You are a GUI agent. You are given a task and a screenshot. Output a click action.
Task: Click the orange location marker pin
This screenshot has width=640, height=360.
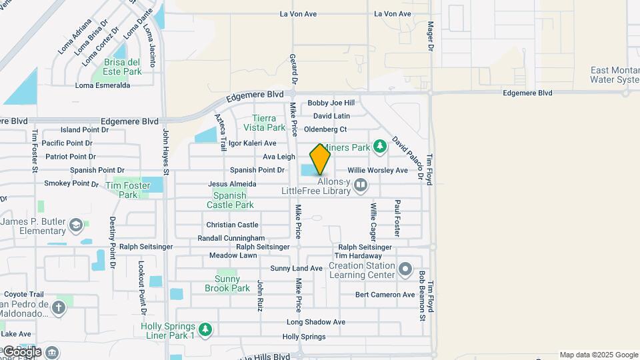tap(320, 159)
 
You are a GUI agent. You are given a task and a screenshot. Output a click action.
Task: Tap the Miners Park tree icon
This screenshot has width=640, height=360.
tap(379, 145)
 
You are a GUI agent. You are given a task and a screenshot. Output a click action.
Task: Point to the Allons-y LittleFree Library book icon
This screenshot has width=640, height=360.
tap(361, 185)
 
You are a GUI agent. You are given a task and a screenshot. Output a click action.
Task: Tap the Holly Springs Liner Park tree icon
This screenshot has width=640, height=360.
tap(206, 329)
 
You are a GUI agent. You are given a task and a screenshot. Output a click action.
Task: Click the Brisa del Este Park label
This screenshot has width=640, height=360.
tap(123, 67)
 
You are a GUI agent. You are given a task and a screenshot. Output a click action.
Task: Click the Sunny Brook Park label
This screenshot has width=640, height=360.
tap(231, 283)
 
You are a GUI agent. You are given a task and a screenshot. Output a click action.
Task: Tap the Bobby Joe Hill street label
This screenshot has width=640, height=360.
tap(331, 103)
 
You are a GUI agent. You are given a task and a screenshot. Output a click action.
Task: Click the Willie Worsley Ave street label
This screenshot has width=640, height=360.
tap(377, 171)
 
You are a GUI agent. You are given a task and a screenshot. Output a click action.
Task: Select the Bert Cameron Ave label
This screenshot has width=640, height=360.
tap(385, 295)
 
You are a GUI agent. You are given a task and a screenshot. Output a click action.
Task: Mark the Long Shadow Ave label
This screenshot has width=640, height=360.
tap(315, 322)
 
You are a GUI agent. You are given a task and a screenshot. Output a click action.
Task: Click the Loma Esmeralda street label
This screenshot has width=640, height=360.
tap(103, 85)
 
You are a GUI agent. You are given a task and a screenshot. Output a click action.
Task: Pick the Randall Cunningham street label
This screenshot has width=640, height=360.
tap(231, 238)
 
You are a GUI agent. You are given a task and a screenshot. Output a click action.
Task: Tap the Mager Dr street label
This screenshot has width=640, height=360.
tap(431, 36)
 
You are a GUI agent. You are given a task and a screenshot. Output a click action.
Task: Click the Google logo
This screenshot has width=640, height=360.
tap(22, 351)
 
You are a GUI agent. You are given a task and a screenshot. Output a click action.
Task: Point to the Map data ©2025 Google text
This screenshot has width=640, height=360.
tap(599, 355)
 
